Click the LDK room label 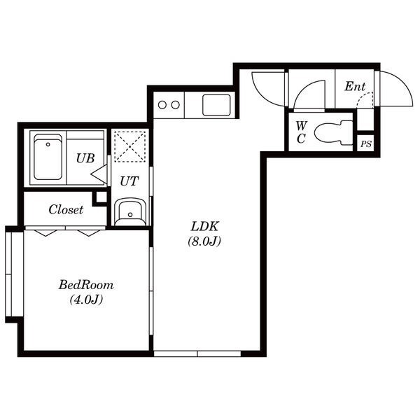point(205,227)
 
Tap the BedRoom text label point(86,285)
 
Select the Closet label point(66,209)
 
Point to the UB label point(85,158)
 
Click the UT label point(129,181)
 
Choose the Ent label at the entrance point(355,86)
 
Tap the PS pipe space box point(366,143)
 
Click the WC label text point(301,132)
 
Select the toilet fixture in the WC point(334,132)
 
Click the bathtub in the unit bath point(48,157)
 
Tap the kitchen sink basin point(216,105)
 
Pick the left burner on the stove point(162,105)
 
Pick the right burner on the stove point(176,105)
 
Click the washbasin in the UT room point(130,212)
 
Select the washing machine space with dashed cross point(130,146)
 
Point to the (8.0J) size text point(204,241)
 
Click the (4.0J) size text point(86,300)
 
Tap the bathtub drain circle point(48,145)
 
